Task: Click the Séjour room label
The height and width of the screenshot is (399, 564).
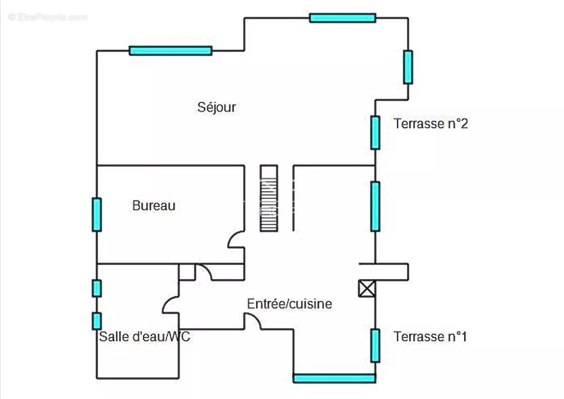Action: [217, 107]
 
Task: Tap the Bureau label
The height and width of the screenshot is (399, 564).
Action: [154, 205]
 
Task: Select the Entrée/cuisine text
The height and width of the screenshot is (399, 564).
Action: [289, 304]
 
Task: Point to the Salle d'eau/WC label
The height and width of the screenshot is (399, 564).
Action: [145, 337]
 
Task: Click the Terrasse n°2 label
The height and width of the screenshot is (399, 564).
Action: [431, 124]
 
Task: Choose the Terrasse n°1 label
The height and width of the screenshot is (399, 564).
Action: [430, 337]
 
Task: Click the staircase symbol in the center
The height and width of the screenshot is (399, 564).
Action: [268, 198]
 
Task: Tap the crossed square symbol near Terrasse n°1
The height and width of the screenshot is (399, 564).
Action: [367, 289]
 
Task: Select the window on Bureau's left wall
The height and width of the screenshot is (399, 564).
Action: [97, 214]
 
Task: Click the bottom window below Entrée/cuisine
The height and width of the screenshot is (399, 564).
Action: [334, 378]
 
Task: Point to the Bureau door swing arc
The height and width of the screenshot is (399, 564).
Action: [235, 240]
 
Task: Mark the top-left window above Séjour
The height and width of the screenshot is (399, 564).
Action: [170, 50]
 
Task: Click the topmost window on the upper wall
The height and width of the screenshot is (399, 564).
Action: [342, 18]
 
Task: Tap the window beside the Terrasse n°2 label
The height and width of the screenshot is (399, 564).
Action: [375, 132]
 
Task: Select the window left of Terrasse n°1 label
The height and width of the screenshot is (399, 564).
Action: [375, 345]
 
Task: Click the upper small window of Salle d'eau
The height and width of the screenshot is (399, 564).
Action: [97, 288]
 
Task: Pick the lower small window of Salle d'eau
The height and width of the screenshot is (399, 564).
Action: [97, 321]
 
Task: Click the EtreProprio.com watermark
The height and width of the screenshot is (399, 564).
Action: [47, 17]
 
